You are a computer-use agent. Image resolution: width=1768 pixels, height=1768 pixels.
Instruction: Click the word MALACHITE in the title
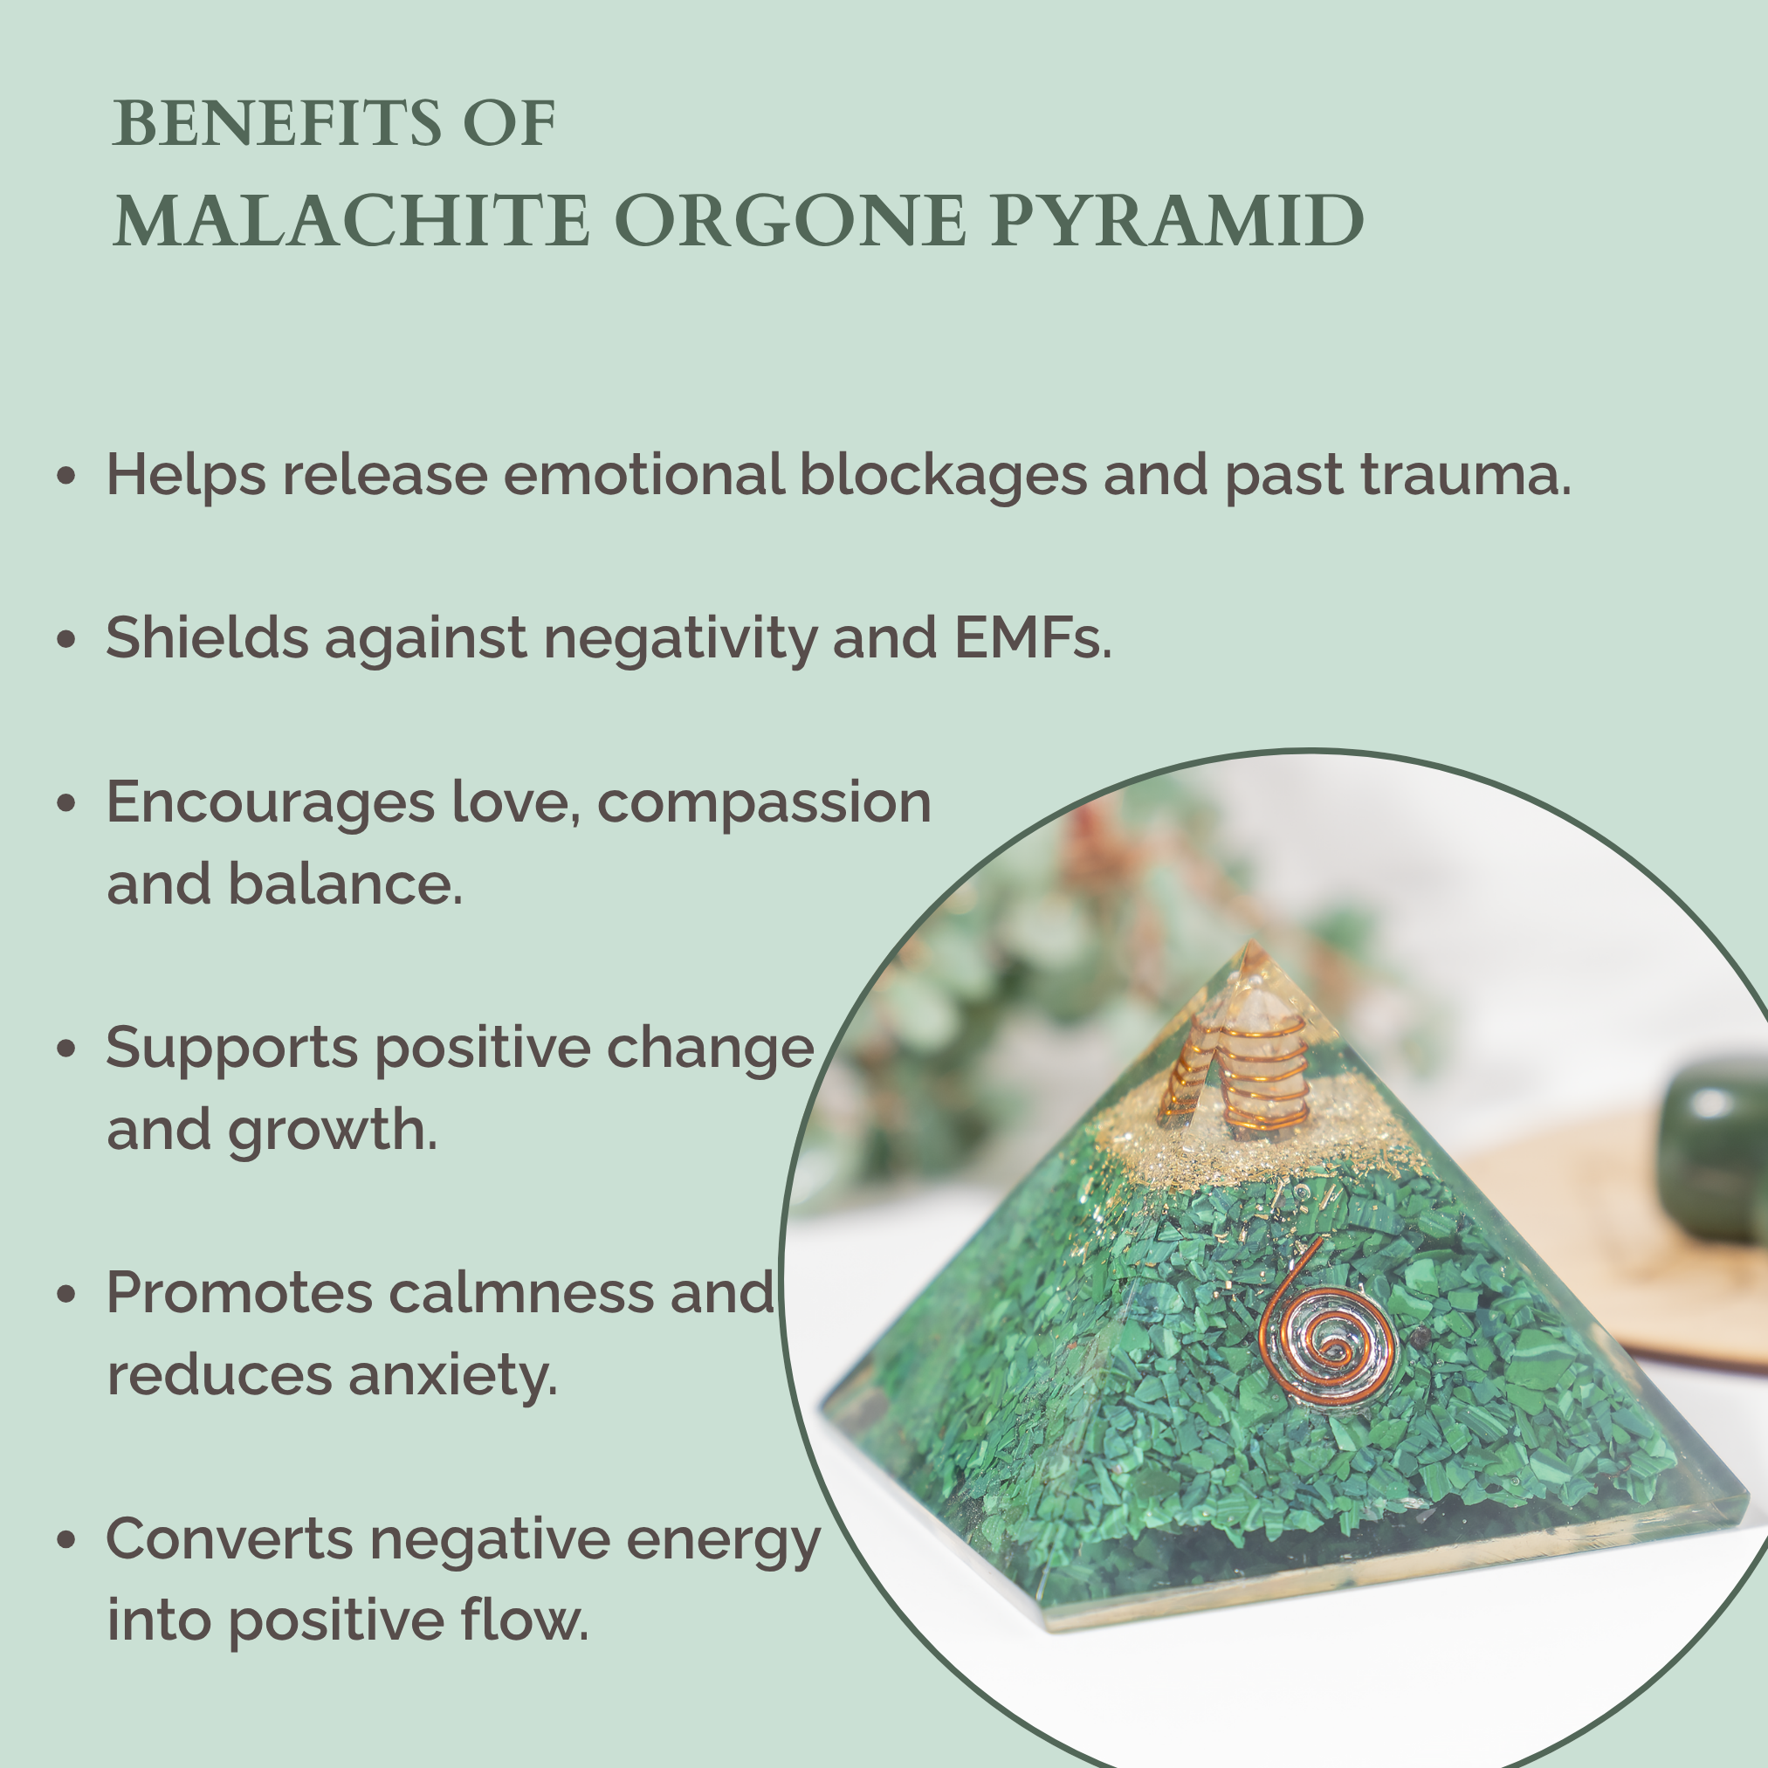[350, 221]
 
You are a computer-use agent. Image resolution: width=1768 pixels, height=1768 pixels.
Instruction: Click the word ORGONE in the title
[790, 221]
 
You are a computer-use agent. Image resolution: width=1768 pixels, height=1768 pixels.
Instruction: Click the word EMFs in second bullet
[1032, 638]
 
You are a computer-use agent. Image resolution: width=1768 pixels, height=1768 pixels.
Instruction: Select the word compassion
[764, 802]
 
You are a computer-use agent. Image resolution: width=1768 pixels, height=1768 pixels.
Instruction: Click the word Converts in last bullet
[229, 1538]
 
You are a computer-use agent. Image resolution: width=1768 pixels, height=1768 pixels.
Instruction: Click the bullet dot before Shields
[65, 640]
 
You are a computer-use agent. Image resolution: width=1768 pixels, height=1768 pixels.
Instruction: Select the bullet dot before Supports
[65, 1049]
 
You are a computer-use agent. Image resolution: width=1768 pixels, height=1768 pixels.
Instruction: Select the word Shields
[207, 638]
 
